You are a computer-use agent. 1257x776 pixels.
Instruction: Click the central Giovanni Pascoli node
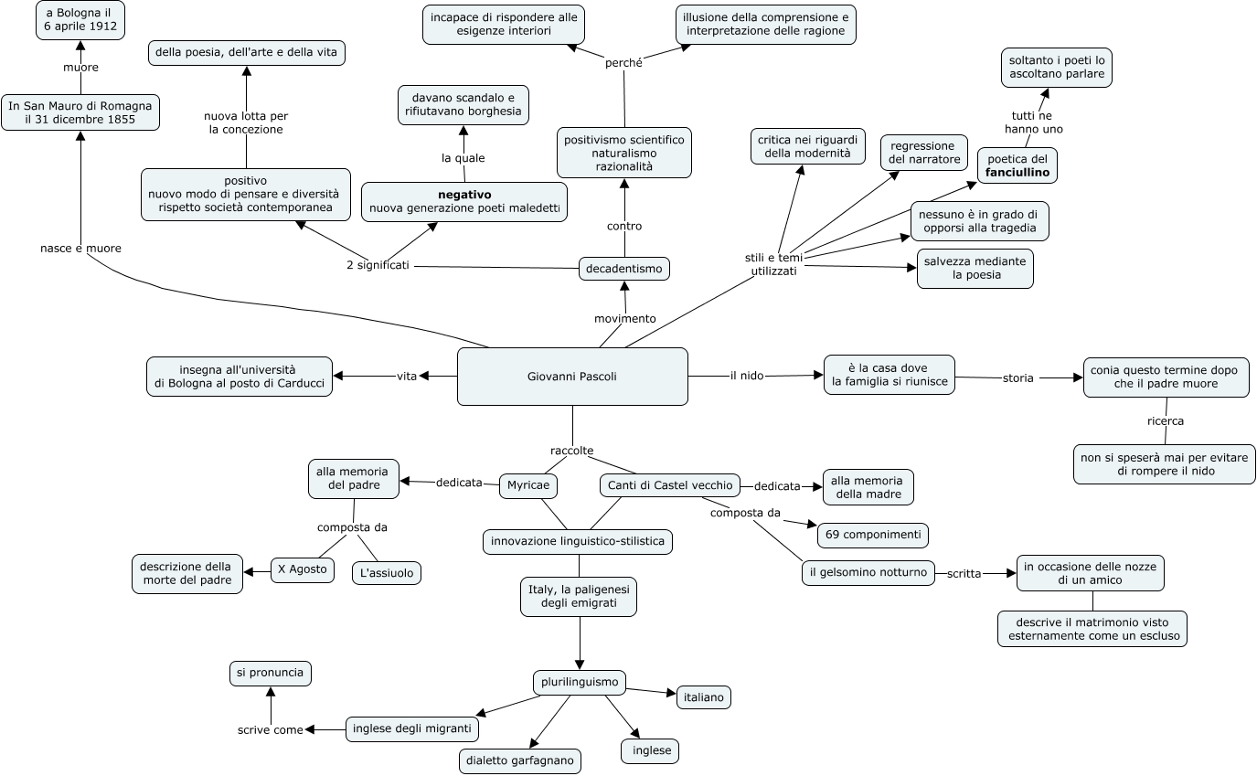pyautogui.click(x=572, y=376)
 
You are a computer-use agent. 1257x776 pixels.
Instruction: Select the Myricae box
pyautogui.click(x=528, y=485)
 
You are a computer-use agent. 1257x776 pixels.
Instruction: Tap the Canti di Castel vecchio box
pyautogui.click(x=670, y=485)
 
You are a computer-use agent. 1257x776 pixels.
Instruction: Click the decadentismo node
pyautogui.click(x=624, y=269)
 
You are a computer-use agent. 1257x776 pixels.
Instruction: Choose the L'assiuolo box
pyautogui.click(x=387, y=573)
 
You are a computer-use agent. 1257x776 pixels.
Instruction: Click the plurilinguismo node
pyautogui.click(x=579, y=682)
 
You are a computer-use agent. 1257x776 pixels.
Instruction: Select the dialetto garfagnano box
pyautogui.click(x=519, y=760)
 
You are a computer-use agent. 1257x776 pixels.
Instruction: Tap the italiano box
pyautogui.click(x=703, y=697)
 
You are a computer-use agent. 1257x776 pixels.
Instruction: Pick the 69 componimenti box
pyautogui.click(x=873, y=535)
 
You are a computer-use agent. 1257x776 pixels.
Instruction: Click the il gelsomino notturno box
pyautogui.click(x=868, y=573)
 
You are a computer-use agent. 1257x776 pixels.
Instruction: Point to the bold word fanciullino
pyautogui.click(x=1017, y=172)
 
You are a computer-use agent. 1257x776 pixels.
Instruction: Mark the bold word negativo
pyautogui.click(x=464, y=195)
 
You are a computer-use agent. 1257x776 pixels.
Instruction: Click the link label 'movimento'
pyautogui.click(x=625, y=318)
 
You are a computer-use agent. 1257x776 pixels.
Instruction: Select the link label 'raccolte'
pyautogui.click(x=572, y=451)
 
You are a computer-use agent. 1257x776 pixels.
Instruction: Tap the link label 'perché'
pyautogui.click(x=624, y=63)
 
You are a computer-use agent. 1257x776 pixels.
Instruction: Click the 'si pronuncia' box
pyautogui.click(x=271, y=673)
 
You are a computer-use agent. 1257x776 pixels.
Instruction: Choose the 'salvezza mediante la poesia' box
pyautogui.click(x=975, y=268)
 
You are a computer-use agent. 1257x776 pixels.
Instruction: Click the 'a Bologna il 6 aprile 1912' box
pyautogui.click(x=80, y=19)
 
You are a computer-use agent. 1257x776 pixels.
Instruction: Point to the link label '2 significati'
pyautogui.click(x=378, y=265)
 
